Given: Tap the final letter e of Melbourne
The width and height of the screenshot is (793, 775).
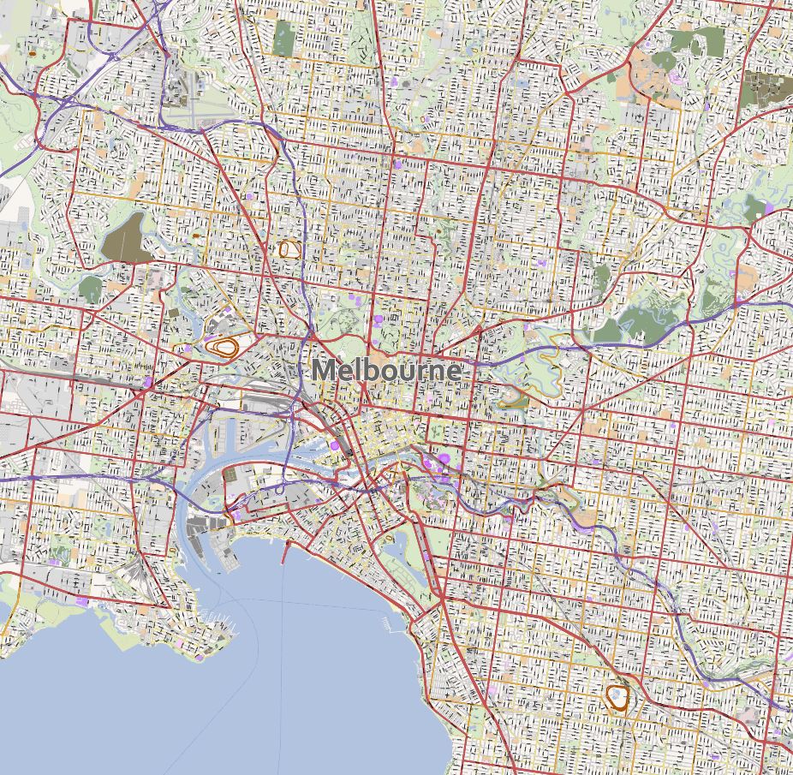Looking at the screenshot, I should point(452,373).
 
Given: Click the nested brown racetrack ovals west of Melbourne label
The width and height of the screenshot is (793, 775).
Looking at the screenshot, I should point(225,348).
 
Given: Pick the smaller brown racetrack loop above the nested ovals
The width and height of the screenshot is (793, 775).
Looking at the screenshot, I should point(289,249).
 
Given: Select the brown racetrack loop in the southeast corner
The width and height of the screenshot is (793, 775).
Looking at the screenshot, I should point(617,697).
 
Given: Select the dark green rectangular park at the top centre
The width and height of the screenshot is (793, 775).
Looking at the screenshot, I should point(283,38).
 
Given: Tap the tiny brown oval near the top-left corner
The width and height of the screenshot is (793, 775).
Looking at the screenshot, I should point(33,53).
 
